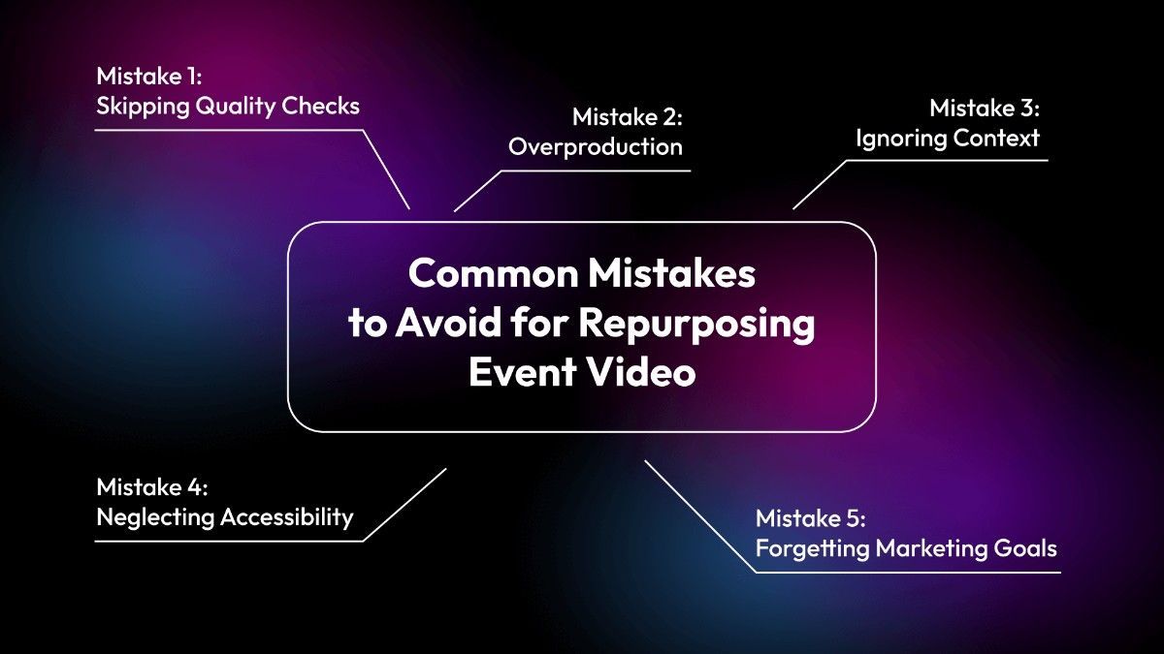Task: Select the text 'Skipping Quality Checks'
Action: tap(228, 106)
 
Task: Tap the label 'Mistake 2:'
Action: tap(627, 117)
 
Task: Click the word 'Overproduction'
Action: tap(596, 147)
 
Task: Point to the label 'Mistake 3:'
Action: tap(985, 108)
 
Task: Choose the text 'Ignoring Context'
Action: tap(947, 139)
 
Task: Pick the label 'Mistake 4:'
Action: tap(151, 486)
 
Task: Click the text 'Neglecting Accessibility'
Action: tap(225, 516)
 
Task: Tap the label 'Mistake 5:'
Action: tap(810, 518)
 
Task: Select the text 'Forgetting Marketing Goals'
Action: tap(906, 548)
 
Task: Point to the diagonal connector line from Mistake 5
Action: tap(700, 515)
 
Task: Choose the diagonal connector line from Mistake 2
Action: tap(479, 190)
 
